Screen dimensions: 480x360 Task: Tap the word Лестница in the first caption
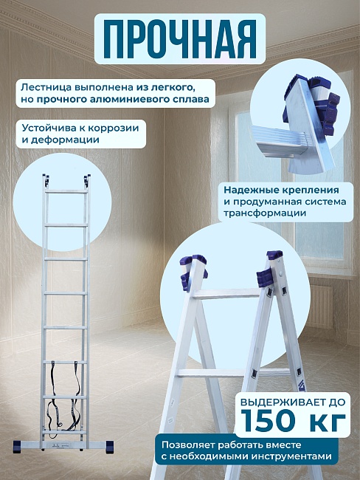point(46,86)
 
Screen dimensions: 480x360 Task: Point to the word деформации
point(66,139)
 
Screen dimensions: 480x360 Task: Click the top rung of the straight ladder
point(66,191)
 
